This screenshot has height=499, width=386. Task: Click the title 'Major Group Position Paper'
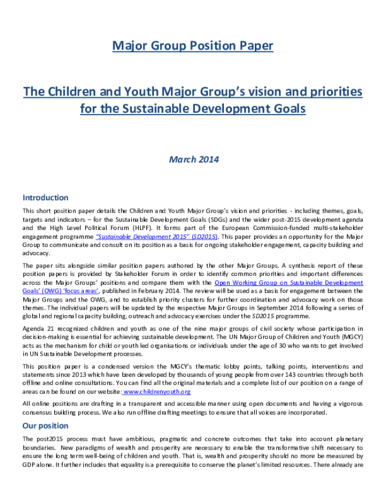(x=192, y=46)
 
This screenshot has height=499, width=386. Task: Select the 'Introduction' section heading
(x=45, y=198)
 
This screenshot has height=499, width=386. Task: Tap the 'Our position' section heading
(x=45, y=426)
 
